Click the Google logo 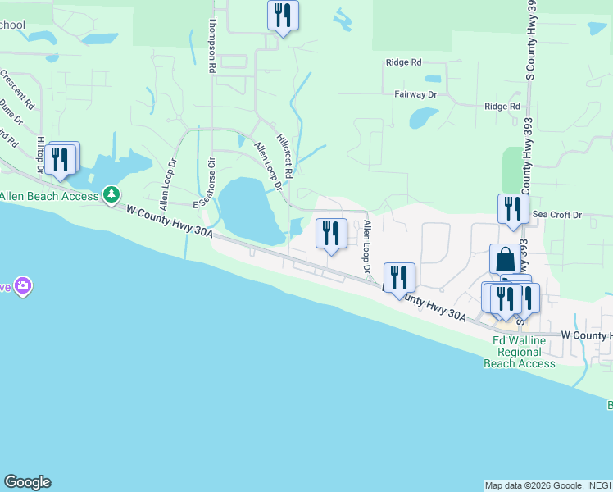(x=27, y=482)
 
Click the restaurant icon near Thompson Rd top (x=283, y=15)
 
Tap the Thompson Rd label (x=212, y=45)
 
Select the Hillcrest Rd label (x=284, y=156)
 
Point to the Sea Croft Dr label (x=557, y=215)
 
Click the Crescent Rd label (x=16, y=89)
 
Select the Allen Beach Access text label (x=48, y=196)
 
